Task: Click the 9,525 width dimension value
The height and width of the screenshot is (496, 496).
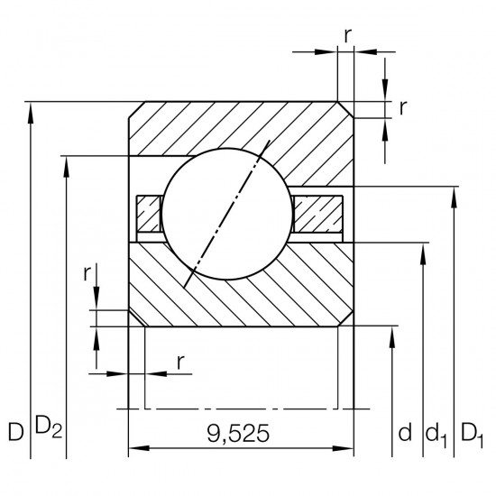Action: pos(238,434)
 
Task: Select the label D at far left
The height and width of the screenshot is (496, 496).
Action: pos(16,432)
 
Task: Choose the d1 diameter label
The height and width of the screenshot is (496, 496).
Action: pos(436,436)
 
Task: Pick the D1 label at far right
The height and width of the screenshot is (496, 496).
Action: pos(473,436)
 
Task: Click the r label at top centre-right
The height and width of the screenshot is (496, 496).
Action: pos(347,36)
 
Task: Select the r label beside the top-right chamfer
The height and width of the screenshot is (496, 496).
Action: pos(403,108)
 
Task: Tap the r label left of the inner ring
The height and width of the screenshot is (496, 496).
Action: pos(87,274)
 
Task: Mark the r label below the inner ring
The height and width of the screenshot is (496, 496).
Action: pos(180,363)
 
